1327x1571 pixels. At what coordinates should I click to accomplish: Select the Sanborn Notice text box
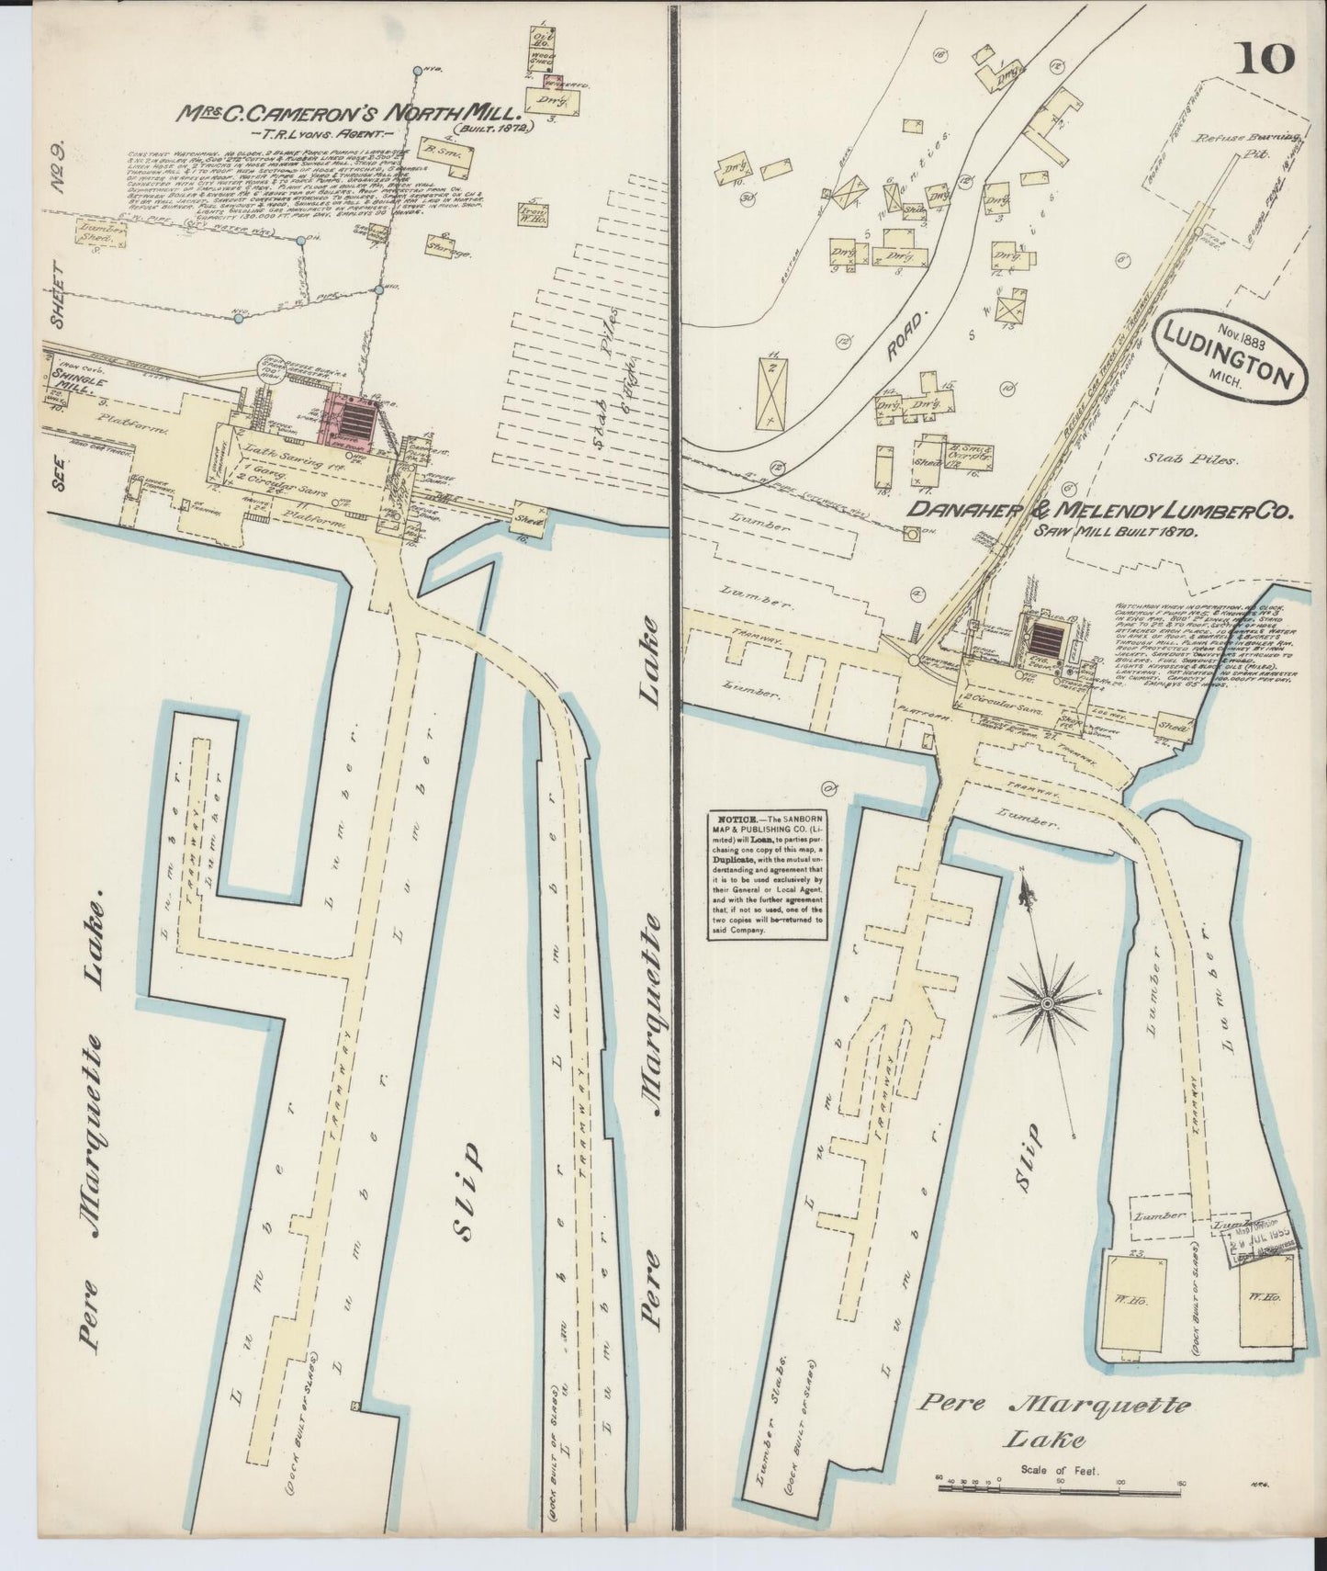766,875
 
